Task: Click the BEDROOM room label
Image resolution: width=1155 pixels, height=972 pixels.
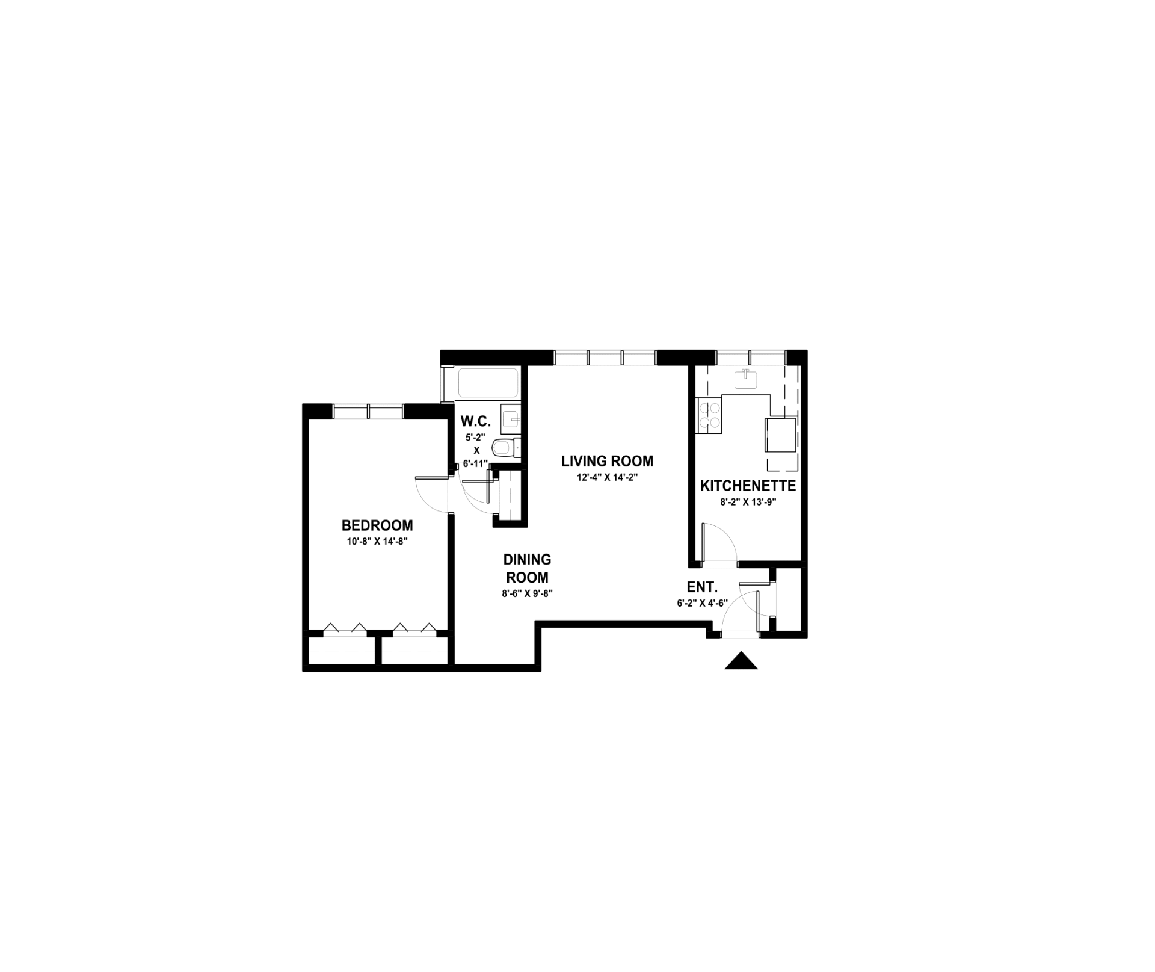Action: [x=377, y=525]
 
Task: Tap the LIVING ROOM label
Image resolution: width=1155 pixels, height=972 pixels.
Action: [x=607, y=461]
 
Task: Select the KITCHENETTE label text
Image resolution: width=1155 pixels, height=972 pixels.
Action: [x=748, y=486]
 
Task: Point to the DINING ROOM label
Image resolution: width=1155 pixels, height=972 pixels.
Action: [x=527, y=569]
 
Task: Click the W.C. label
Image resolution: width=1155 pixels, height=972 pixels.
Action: [x=476, y=421]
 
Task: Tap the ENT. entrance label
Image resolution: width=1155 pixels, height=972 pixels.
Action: [x=702, y=587]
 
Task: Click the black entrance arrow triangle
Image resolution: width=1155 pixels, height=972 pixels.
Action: [x=741, y=660]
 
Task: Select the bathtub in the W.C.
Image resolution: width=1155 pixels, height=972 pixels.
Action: [x=488, y=383]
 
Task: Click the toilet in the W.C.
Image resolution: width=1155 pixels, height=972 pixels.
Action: [x=506, y=448]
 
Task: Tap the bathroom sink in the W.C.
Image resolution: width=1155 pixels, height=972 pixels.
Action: [x=511, y=419]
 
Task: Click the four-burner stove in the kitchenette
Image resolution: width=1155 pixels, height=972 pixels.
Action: [x=709, y=416]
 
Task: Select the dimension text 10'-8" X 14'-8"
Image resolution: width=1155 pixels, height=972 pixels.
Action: [x=377, y=541]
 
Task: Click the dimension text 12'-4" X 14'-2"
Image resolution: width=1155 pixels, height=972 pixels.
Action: [x=606, y=477]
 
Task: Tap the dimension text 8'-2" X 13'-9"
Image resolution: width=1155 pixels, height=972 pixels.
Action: [x=748, y=502]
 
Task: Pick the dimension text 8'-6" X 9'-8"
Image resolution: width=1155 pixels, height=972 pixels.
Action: [x=527, y=593]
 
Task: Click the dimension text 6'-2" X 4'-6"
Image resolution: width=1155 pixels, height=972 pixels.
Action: [x=702, y=603]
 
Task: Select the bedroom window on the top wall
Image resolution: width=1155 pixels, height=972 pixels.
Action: [x=368, y=412]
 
